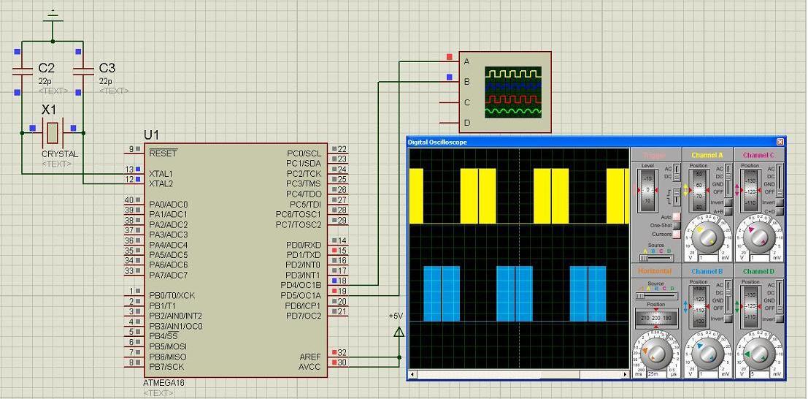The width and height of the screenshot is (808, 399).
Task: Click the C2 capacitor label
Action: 46,68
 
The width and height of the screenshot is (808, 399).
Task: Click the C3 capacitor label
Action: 107,68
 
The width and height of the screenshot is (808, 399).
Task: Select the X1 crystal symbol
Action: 52,132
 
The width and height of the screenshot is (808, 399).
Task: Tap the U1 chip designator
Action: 151,135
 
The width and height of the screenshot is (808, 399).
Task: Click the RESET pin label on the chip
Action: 162,153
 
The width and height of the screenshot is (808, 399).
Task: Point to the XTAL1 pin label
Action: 161,174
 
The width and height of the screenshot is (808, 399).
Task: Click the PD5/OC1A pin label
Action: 301,296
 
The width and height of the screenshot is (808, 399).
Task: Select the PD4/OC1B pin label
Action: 301,286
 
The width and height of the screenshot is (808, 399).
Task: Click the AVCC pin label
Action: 309,367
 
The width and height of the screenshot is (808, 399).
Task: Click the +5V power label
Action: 396,316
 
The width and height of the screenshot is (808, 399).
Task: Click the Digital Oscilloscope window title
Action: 437,142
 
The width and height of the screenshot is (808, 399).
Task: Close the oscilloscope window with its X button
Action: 780,142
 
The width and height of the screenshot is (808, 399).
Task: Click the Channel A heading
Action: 707,155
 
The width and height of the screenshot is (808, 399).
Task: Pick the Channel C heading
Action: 758,155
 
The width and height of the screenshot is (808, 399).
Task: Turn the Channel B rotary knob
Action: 707,354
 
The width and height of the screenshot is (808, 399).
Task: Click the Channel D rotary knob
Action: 759,354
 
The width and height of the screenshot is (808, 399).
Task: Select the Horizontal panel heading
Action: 655,271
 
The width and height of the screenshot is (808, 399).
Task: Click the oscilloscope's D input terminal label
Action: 467,123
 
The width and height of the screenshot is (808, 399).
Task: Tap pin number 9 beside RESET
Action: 131,149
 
